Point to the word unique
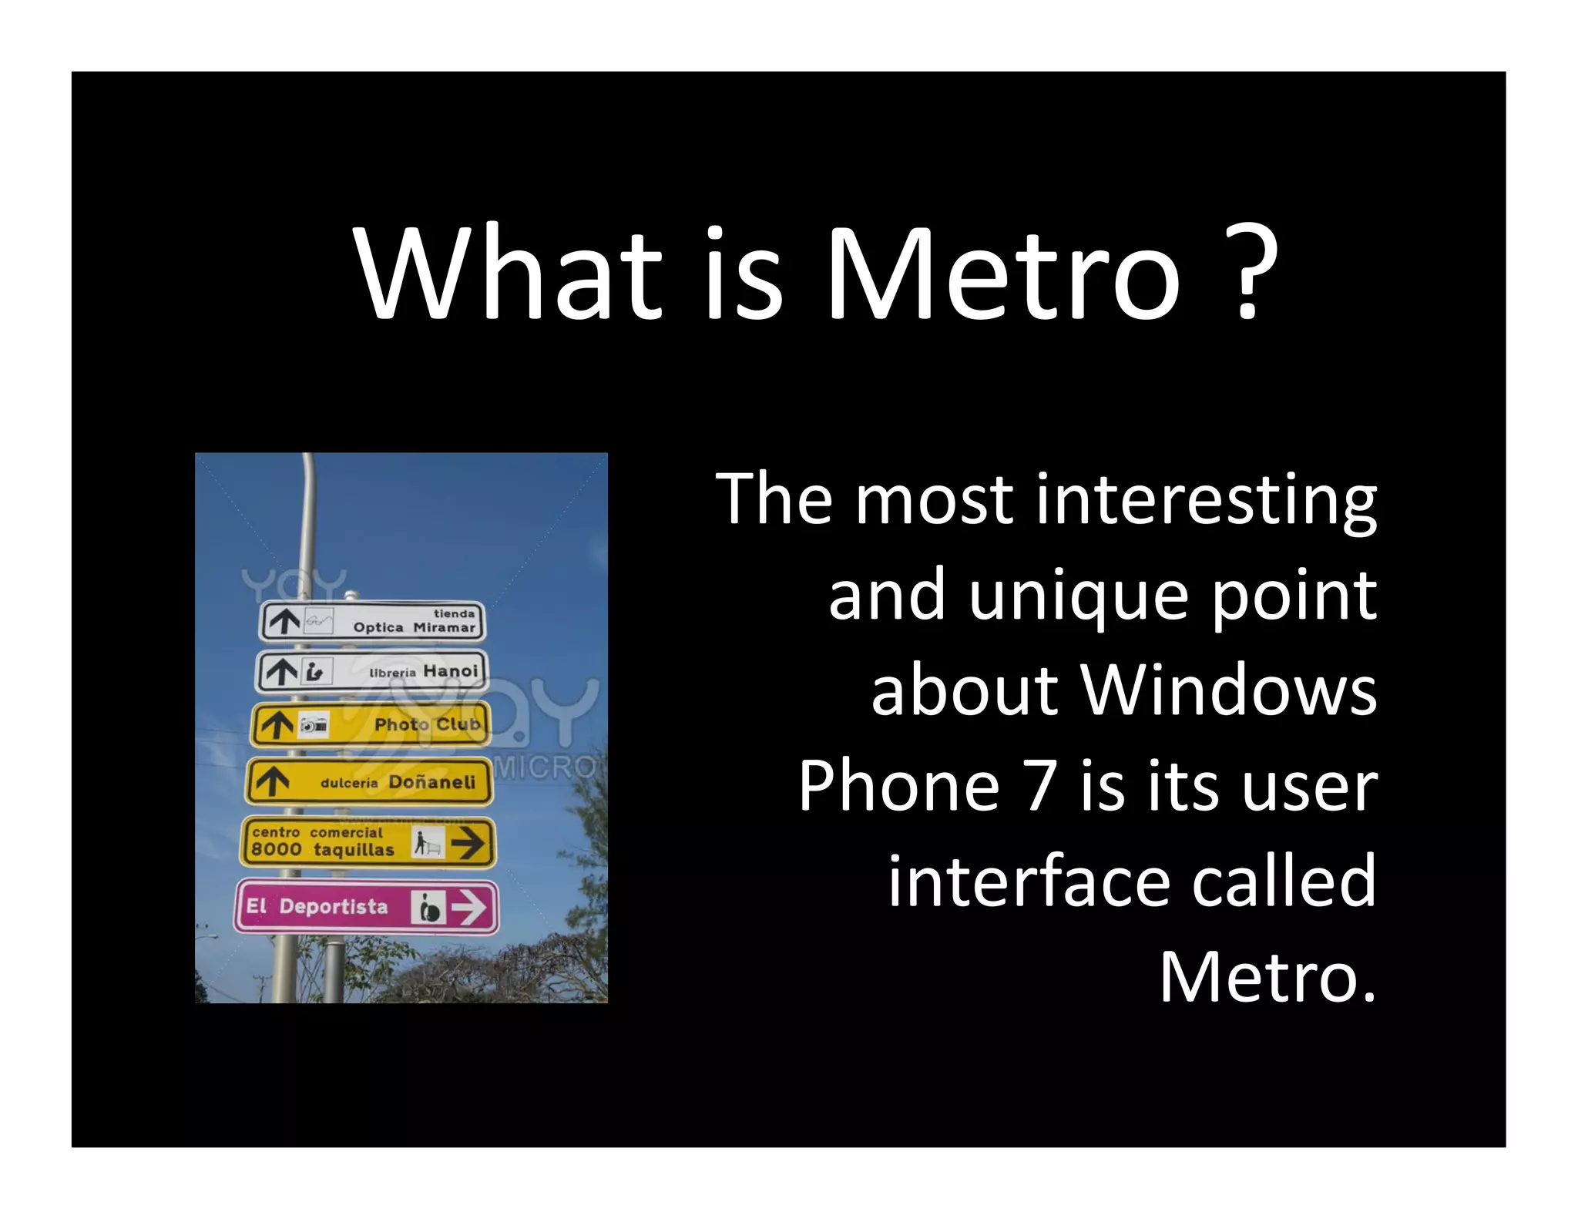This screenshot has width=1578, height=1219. pyautogui.click(x=1078, y=596)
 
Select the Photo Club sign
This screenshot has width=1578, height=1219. pyautogui.click(x=370, y=724)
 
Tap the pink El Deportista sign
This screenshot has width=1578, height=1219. pyautogui.click(x=366, y=906)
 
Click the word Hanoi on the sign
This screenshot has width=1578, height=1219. pyautogui.click(x=451, y=671)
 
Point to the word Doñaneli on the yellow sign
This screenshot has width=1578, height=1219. pyautogui.click(x=432, y=782)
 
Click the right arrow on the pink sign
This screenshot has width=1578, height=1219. pyautogui.click(x=468, y=907)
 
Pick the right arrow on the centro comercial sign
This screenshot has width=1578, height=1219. pyautogui.click(x=468, y=842)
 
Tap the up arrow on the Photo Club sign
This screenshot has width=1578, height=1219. pyautogui.click(x=277, y=725)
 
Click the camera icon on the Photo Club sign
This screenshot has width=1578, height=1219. pyautogui.click(x=314, y=725)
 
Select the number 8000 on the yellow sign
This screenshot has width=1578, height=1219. pyautogui.click(x=276, y=850)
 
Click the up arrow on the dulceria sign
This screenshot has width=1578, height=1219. pyautogui.click(x=271, y=781)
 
